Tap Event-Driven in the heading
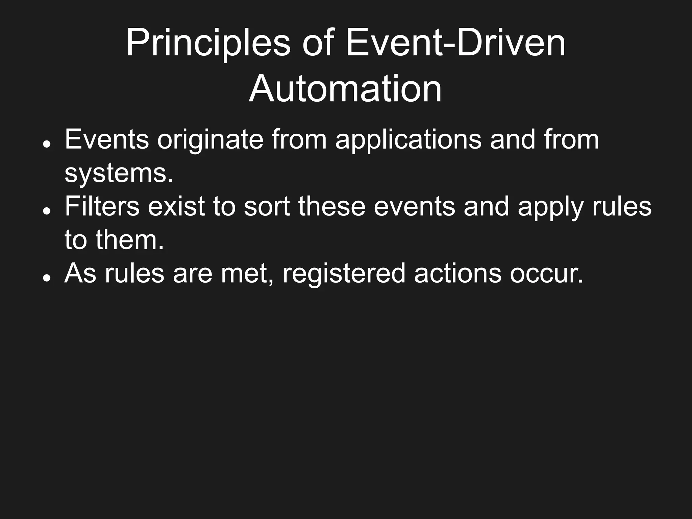click(455, 44)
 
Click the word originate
click(210, 140)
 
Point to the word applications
click(408, 140)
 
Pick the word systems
click(119, 174)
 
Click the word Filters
click(102, 206)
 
